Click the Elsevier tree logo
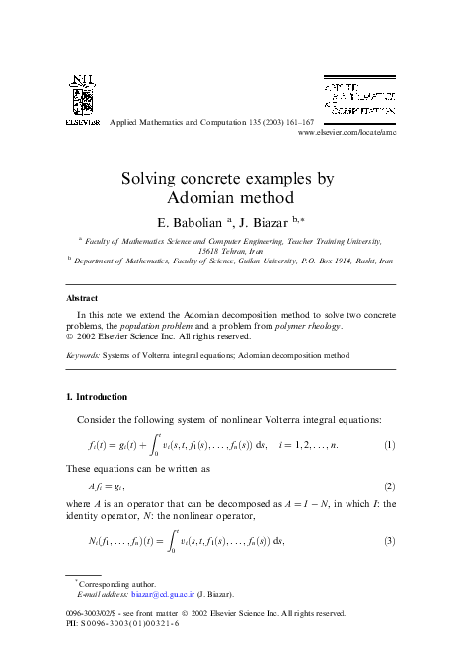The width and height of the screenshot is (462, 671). [81, 95]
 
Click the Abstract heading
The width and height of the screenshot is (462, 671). [81, 297]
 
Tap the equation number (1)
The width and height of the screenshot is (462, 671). [389, 445]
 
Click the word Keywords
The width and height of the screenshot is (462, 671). [81, 352]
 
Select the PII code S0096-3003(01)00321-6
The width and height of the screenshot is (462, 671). [129, 623]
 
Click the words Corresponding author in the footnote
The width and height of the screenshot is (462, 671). [121, 584]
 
